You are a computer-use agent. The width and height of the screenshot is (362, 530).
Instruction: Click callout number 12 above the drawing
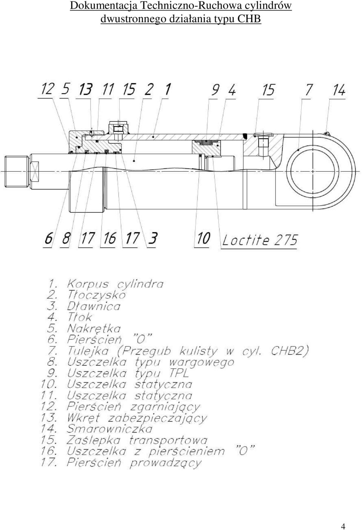pyautogui.click(x=48, y=89)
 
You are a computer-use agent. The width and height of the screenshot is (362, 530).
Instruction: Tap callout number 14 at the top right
pyautogui.click(x=339, y=90)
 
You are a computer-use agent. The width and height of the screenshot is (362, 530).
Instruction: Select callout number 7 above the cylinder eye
pyautogui.click(x=309, y=90)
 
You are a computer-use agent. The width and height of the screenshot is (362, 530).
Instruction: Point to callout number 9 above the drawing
pyautogui.click(x=215, y=90)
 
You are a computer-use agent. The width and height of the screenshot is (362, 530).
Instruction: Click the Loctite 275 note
pyautogui.click(x=260, y=240)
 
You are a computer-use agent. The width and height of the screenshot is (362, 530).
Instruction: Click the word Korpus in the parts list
pyautogui.click(x=88, y=284)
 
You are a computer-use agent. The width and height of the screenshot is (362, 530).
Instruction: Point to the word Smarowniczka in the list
pyautogui.click(x=109, y=429)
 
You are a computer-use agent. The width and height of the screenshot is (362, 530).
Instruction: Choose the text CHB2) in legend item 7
pyautogui.click(x=290, y=351)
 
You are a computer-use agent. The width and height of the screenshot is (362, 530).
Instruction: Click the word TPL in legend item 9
pyautogui.click(x=179, y=373)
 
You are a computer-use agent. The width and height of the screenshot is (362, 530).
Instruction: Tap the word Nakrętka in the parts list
pyautogui.click(x=94, y=328)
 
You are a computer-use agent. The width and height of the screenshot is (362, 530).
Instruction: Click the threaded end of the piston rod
pyautogui.click(x=16, y=171)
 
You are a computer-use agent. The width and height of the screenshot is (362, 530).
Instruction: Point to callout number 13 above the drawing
pyautogui.click(x=86, y=89)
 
